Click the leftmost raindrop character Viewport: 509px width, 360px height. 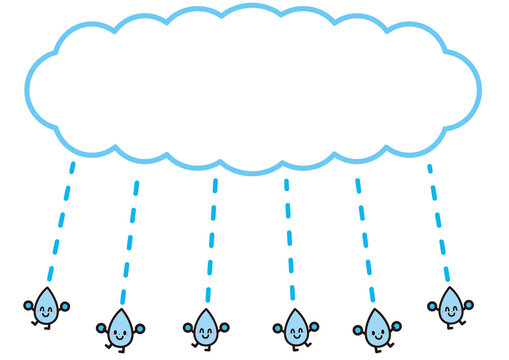(44, 308)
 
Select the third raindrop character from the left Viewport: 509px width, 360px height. (207, 326)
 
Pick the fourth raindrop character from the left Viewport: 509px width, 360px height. (296, 327)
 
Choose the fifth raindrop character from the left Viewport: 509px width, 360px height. (377, 328)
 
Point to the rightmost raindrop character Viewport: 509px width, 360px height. (450, 307)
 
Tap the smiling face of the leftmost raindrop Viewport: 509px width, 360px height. (44, 312)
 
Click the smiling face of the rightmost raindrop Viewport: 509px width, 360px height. (450, 311)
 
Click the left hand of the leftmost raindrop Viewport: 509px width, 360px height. (28, 305)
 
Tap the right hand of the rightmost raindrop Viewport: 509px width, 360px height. (469, 304)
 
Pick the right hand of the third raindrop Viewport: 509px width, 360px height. (225, 325)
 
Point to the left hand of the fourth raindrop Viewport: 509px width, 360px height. (277, 327)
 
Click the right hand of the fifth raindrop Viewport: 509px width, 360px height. (397, 324)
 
